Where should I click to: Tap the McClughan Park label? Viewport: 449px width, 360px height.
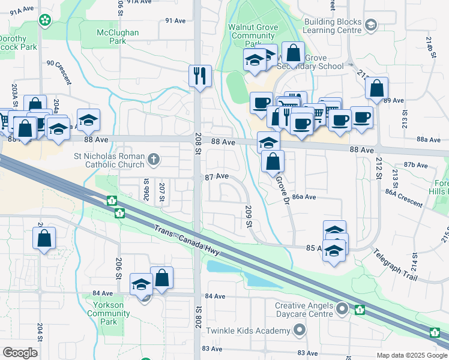point(118,36)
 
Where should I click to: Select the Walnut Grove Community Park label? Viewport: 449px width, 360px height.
point(252,35)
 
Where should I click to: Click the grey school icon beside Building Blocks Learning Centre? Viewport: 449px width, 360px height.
point(371,25)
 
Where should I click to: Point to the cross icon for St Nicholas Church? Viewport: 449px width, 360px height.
point(154,159)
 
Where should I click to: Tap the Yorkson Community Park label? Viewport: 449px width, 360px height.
point(109,313)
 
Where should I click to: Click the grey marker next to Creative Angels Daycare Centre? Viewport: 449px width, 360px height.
point(342,309)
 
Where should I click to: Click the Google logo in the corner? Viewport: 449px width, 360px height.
point(20,352)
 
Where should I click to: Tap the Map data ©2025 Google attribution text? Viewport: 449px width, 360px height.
point(412,355)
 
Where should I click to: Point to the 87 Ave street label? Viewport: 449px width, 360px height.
point(217,176)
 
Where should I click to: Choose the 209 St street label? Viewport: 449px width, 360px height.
point(249,217)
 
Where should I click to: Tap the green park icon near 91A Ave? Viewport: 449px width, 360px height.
point(44,20)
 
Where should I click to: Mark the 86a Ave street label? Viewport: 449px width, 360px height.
point(304,197)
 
